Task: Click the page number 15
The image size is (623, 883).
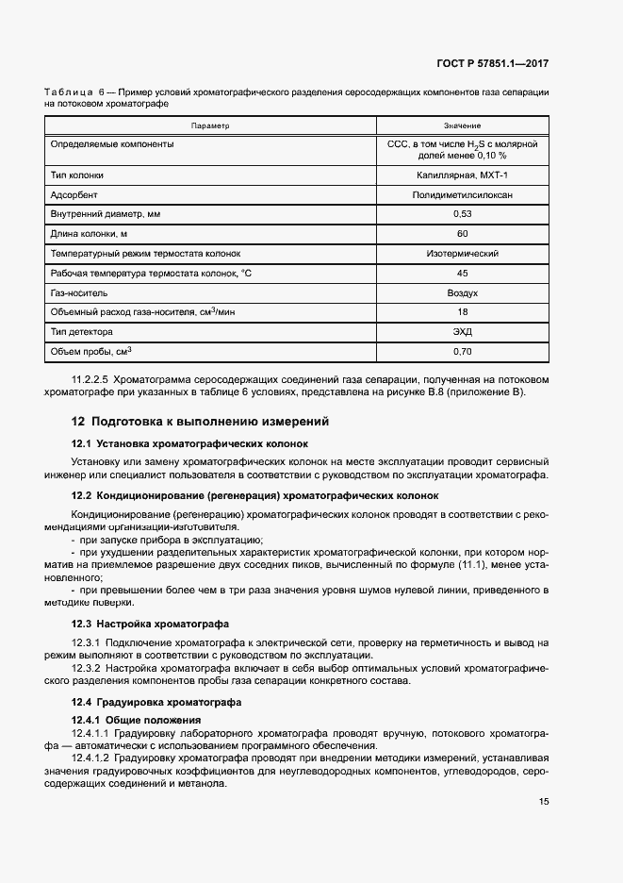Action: pos(543,802)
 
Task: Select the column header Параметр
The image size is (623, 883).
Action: pos(210,125)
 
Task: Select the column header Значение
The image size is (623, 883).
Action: pos(462,125)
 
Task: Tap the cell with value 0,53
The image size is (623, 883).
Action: pos(462,214)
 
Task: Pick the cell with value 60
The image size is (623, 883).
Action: pos(462,234)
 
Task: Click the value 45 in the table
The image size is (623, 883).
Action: pos(462,274)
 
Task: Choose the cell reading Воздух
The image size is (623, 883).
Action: pos(462,293)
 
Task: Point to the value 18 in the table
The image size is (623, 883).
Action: pos(462,312)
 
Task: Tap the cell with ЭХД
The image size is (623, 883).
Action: pos(462,332)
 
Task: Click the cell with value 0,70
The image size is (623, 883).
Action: pos(462,352)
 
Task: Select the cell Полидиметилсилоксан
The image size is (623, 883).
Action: pos(462,194)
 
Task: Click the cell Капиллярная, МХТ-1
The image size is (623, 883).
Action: pos(462,175)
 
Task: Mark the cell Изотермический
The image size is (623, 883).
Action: pos(462,254)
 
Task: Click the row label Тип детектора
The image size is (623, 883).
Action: pos(81,332)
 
